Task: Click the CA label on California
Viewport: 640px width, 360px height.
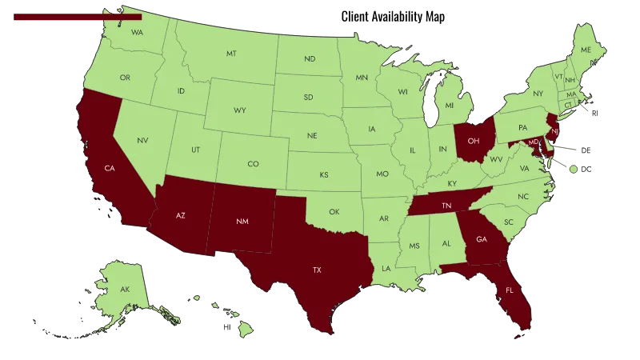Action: pyautogui.click(x=110, y=168)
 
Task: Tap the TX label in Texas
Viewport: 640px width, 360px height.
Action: pyautogui.click(x=317, y=270)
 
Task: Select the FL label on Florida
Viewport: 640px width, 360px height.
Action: pyautogui.click(x=510, y=290)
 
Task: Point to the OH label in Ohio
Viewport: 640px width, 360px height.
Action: pyautogui.click(x=474, y=141)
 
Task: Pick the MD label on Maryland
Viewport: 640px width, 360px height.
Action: pyautogui.click(x=533, y=142)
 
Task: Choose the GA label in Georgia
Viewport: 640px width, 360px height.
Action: pyautogui.click(x=481, y=238)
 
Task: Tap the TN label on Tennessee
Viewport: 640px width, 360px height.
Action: pyautogui.click(x=447, y=205)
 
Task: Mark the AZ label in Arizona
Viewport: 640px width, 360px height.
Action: pyautogui.click(x=181, y=216)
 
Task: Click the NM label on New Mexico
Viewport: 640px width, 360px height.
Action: pyautogui.click(x=242, y=221)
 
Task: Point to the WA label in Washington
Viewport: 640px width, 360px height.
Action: pyautogui.click(x=137, y=33)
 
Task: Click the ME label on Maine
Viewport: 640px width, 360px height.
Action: pyautogui.click(x=586, y=50)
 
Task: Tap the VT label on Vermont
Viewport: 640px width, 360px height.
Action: pyautogui.click(x=558, y=77)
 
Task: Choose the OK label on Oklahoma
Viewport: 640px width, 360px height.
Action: pyautogui.click(x=334, y=212)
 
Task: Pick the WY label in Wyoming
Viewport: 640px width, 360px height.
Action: pyautogui.click(x=240, y=109)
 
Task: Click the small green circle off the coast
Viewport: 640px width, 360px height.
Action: pyautogui.click(x=573, y=169)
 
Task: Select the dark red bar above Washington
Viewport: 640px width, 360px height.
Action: pyautogui.click(x=77, y=16)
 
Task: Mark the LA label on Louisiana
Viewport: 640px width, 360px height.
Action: pyautogui.click(x=386, y=268)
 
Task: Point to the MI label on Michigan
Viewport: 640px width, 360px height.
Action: pyautogui.click(x=449, y=106)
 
